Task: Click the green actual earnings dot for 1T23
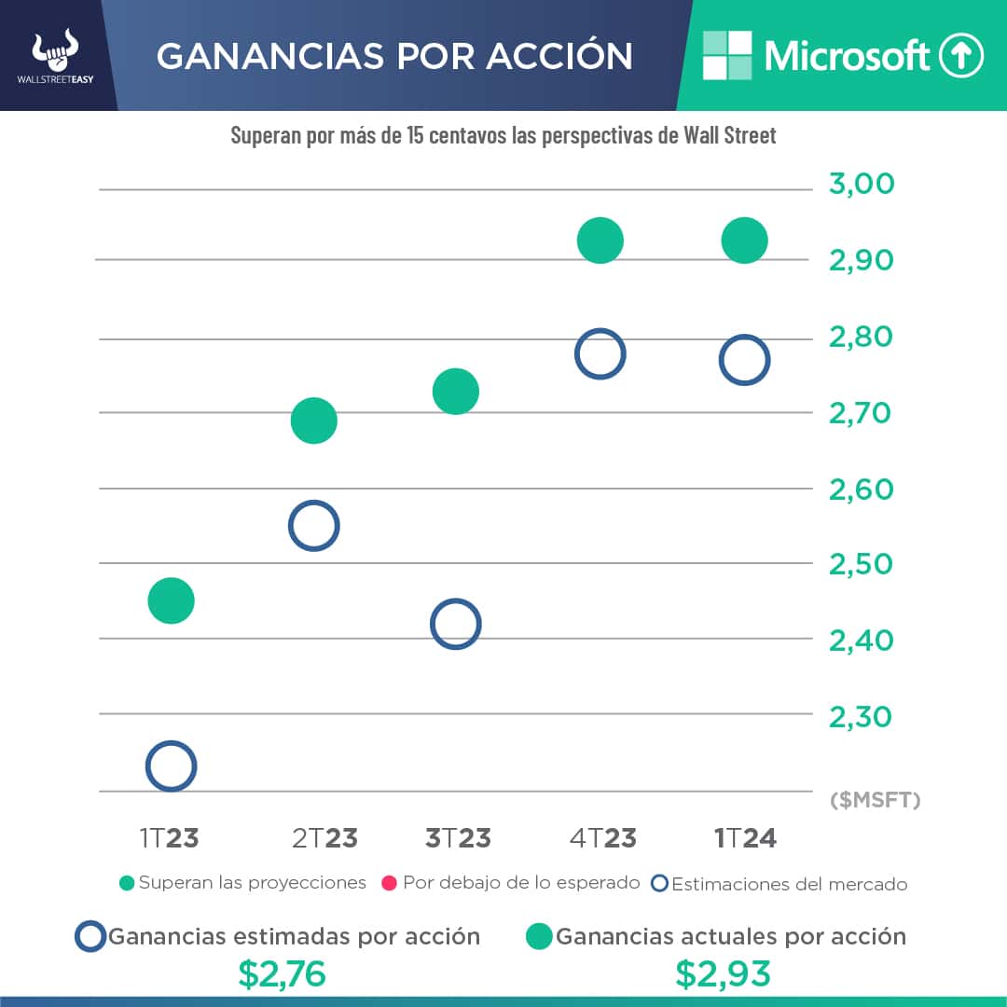(x=171, y=600)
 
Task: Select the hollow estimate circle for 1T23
(x=171, y=766)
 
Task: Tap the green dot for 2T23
(x=313, y=421)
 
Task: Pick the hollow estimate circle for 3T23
(x=455, y=624)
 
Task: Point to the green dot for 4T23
(x=600, y=241)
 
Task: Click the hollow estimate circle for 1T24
(x=744, y=360)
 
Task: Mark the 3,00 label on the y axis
(x=861, y=184)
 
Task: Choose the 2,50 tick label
(x=861, y=564)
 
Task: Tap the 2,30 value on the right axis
(x=861, y=716)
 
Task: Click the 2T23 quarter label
(x=324, y=837)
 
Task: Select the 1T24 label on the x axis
(x=745, y=837)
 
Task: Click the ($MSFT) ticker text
(x=874, y=800)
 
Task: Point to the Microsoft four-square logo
(x=727, y=55)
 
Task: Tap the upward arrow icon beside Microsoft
(x=961, y=56)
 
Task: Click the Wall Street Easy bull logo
(x=55, y=52)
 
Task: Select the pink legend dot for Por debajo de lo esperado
(x=390, y=883)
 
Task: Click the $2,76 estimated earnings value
(x=282, y=974)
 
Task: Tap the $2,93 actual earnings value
(x=724, y=974)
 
